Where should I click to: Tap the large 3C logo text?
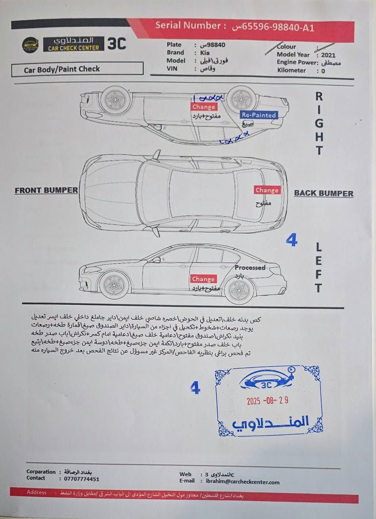pyautogui.click(x=117, y=44)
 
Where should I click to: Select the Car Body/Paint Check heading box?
pyautogui.click(x=77, y=69)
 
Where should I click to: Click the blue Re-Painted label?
pyautogui.click(x=259, y=115)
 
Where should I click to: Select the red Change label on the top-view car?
pyautogui.click(x=267, y=190)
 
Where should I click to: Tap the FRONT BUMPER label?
pyautogui.click(x=46, y=190)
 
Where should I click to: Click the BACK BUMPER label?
pyautogui.click(x=323, y=193)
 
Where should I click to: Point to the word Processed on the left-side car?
pyautogui.click(x=250, y=268)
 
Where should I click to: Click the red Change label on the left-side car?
pyautogui.click(x=203, y=279)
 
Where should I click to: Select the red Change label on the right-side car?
pyautogui.click(x=204, y=107)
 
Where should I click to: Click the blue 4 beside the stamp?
pyautogui.click(x=195, y=388)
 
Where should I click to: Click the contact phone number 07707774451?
pyautogui.click(x=79, y=479)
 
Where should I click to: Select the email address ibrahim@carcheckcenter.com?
pyautogui.click(x=243, y=482)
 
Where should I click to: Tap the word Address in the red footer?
pyautogui.click(x=36, y=492)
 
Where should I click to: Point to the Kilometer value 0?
pyautogui.click(x=323, y=71)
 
